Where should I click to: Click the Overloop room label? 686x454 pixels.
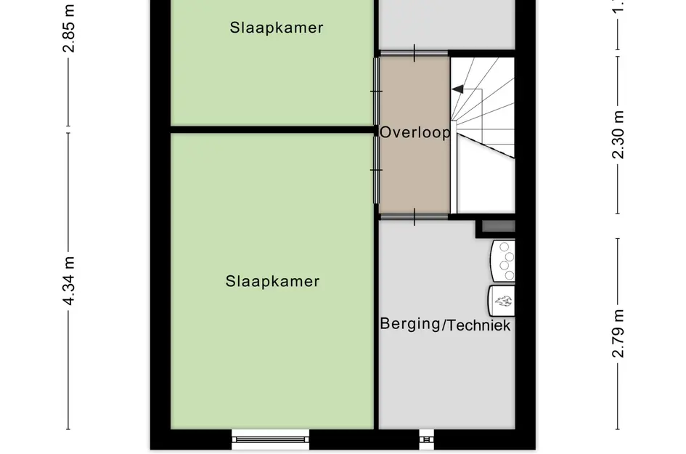click(415, 133)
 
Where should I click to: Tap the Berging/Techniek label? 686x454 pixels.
click(445, 325)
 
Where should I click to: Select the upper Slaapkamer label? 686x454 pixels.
click(277, 28)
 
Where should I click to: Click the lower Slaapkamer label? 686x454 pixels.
click(272, 281)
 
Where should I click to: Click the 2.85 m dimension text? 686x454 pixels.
click(70, 29)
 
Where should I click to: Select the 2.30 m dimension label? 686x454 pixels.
click(618, 134)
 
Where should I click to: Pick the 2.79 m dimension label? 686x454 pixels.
click(618, 332)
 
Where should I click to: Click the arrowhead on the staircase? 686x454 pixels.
click(457, 89)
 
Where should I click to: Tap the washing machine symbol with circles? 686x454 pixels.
click(505, 261)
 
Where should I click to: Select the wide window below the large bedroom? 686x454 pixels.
click(270, 436)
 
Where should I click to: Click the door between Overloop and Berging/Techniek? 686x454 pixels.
click(414, 216)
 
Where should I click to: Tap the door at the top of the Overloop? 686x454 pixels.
click(414, 52)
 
